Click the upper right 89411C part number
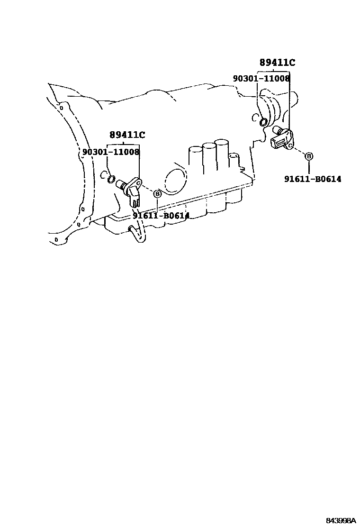coord(277,63)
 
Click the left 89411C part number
coord(127,135)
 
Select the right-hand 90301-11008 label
coord(261,78)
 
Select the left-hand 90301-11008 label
coord(111,152)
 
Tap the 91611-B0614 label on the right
coord(313,179)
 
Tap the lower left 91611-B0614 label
coord(161,215)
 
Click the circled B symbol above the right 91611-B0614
coord(308,156)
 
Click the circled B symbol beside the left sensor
coord(157,193)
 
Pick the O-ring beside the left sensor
coord(111,179)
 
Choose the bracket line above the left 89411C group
coord(124,144)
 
